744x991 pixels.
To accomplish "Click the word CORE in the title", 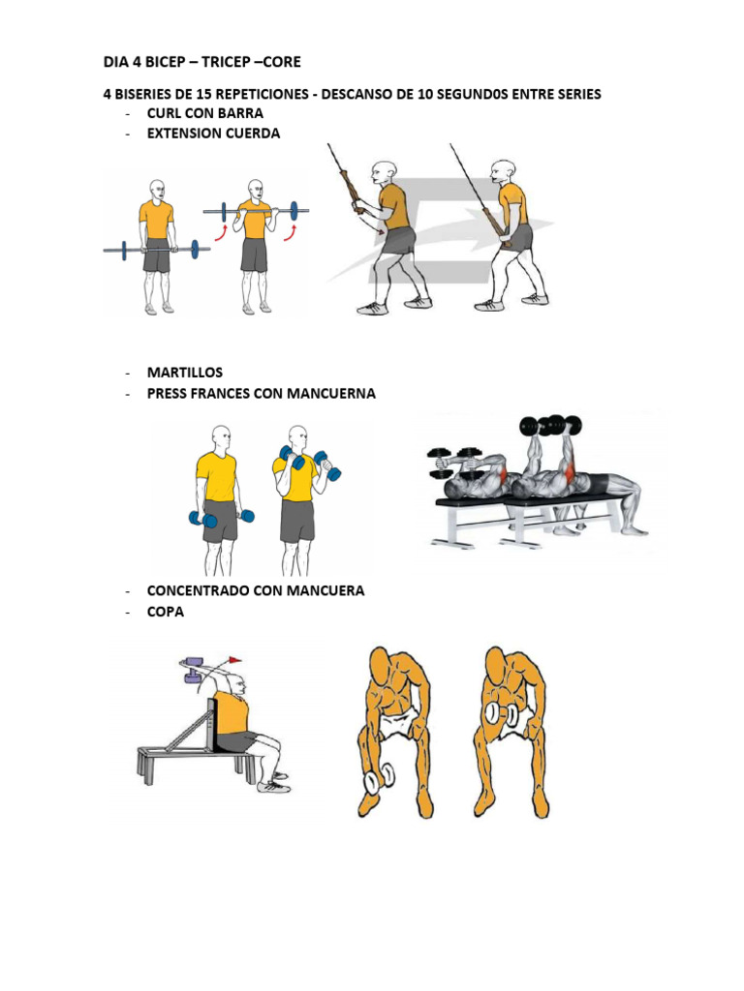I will coord(279,62).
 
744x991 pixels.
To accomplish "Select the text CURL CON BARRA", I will coord(204,113).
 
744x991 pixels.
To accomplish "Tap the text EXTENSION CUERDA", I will coord(213,134).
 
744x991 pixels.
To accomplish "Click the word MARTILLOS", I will coord(184,373).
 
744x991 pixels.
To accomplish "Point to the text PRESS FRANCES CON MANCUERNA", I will coord(261,394).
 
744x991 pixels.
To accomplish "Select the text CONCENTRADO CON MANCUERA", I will coord(256,590).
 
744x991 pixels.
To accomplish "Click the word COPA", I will coord(166,612).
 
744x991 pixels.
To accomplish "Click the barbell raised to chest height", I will coord(257,211).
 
